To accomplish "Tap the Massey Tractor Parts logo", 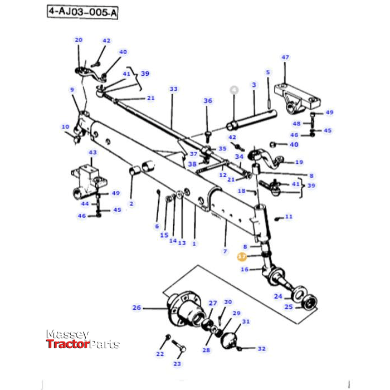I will pos(82,339).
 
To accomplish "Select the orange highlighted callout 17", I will pos(242,257).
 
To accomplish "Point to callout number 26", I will pos(136,307).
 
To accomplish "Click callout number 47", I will pos(285,57).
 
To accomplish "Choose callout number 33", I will pos(173,89).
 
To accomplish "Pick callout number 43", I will pos(92,153).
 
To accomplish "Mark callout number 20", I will pos(79,40).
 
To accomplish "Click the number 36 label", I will pos(208,101).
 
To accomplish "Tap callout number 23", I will pos(177,364).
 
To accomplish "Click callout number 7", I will pos(225,252).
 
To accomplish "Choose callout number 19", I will pos(299,162).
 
